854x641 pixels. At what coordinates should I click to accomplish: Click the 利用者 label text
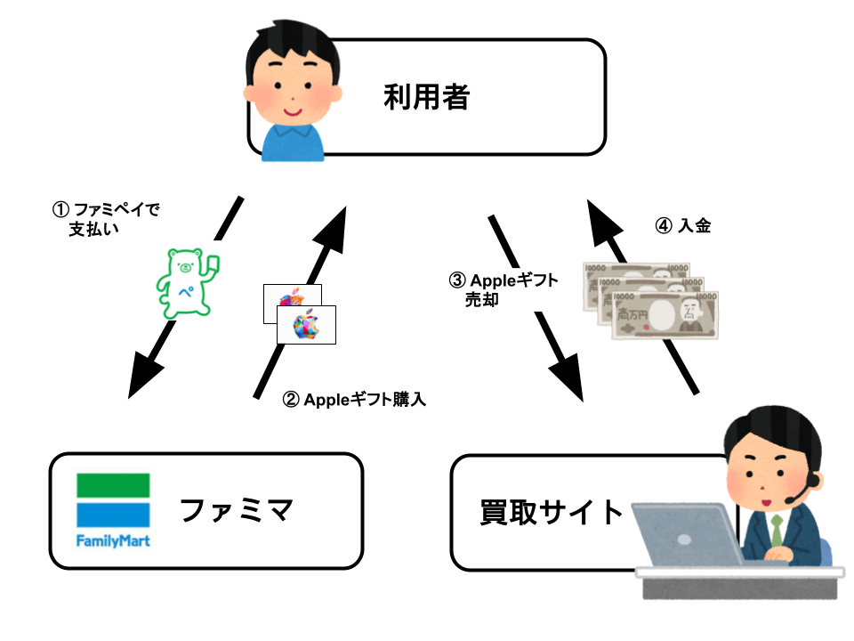[x=426, y=96]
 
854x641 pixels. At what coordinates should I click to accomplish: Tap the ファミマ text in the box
[x=237, y=511]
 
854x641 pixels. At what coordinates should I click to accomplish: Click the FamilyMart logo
[x=112, y=510]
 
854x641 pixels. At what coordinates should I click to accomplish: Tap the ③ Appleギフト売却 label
[x=503, y=289]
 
